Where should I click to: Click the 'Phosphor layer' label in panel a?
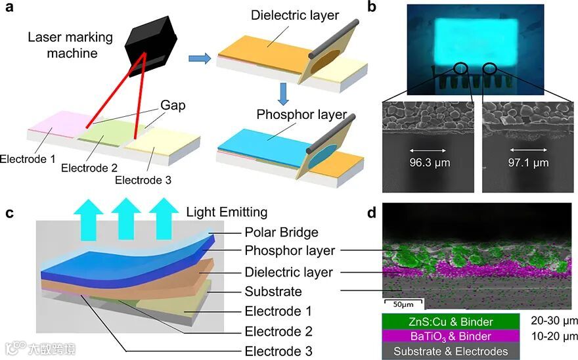click(x=301, y=114)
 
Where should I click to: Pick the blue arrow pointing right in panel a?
click(x=200, y=60)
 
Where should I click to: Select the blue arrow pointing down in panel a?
click(x=283, y=93)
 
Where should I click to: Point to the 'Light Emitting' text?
click(x=227, y=212)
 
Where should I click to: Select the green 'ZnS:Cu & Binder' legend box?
click(x=451, y=322)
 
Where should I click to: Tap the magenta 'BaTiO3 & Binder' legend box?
click(x=451, y=336)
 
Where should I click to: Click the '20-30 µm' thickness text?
click(x=554, y=321)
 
